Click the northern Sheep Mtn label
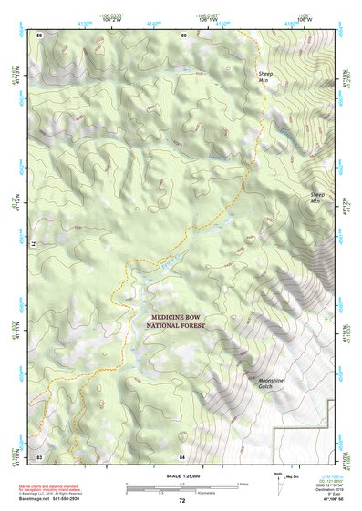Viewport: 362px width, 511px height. pyautogui.click(x=265, y=76)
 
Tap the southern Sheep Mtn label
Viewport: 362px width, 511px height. pyautogui.click(x=316, y=198)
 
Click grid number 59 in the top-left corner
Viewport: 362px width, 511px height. pyautogui.click(x=39, y=35)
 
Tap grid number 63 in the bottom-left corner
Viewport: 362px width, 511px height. pyautogui.click(x=39, y=455)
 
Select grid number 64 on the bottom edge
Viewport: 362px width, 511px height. pyautogui.click(x=183, y=455)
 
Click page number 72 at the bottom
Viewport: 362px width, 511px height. pyautogui.click(x=181, y=501)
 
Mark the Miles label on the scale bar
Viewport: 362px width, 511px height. pyautogui.click(x=243, y=483)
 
